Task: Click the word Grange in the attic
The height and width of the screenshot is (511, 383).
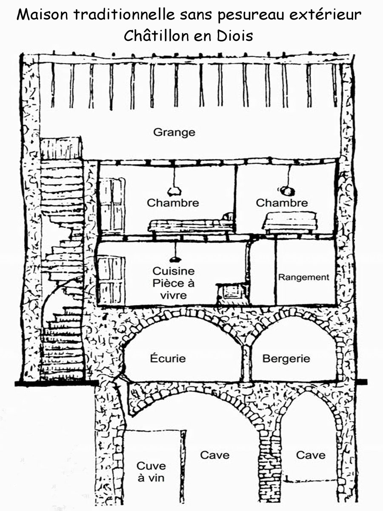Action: [174, 132]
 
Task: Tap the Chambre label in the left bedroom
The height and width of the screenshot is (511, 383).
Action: [173, 203]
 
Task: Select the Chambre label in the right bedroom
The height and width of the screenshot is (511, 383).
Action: [282, 203]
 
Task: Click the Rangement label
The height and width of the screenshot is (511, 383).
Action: [304, 277]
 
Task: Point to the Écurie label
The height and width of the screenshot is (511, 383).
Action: [168, 358]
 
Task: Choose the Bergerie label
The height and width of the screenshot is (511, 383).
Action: [286, 359]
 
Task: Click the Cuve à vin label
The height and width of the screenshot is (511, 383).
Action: [151, 472]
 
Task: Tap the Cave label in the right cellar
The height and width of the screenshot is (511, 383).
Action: [311, 455]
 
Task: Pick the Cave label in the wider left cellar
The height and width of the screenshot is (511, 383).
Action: [215, 455]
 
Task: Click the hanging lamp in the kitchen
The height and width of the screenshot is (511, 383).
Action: [174, 258]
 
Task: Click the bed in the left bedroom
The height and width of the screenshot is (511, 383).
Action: [191, 223]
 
